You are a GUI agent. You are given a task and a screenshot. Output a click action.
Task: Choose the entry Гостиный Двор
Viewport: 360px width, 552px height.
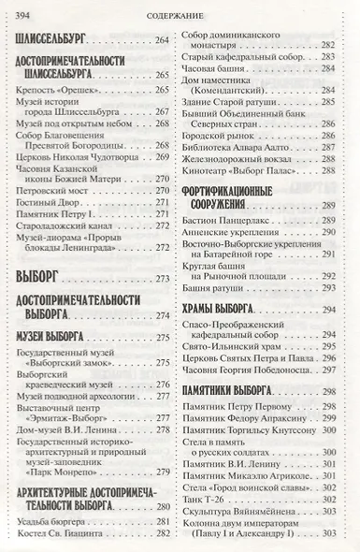[47, 186]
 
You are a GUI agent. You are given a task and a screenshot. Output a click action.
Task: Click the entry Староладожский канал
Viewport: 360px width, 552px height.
[62, 212]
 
